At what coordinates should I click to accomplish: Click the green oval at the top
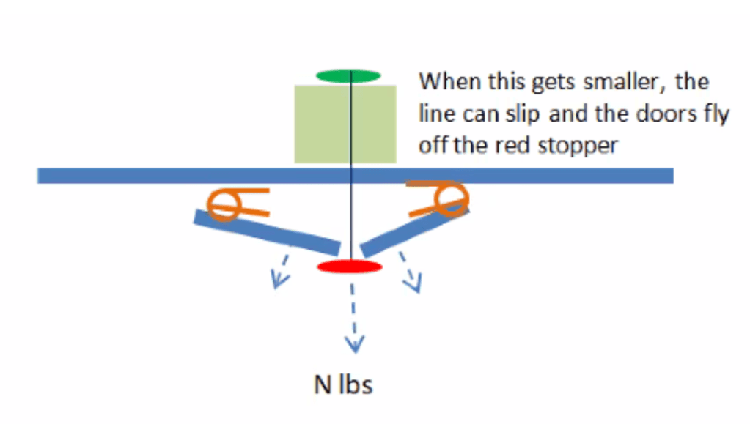(x=348, y=75)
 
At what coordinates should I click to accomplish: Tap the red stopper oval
(x=349, y=266)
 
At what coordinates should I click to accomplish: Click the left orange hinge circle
(x=222, y=205)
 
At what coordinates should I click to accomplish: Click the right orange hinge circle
(x=452, y=197)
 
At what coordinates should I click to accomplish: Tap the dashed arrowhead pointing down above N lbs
(x=355, y=343)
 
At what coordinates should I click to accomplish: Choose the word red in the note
(x=509, y=145)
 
